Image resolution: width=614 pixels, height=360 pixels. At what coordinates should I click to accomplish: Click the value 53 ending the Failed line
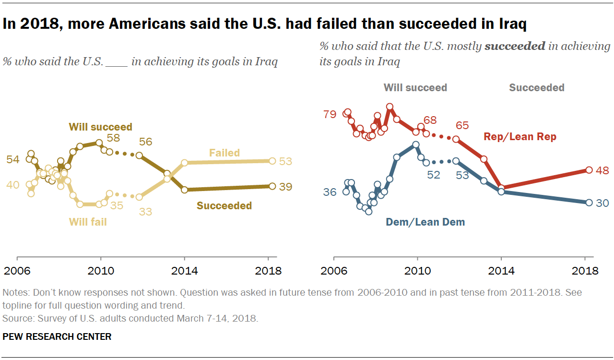point(285,161)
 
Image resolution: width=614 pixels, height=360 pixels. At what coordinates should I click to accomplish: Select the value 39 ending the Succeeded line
point(285,187)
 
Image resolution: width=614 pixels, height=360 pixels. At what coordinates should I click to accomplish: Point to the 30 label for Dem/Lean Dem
point(602,203)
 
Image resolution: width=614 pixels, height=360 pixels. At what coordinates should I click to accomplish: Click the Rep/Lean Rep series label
point(520,137)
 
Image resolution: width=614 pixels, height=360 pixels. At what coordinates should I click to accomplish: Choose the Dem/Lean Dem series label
point(425,222)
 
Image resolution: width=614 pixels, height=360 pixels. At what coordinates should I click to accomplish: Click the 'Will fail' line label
point(88,222)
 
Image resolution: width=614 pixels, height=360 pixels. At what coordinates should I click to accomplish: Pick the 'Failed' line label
point(224,153)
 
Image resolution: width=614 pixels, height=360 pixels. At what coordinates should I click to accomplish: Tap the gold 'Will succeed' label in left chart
point(100,127)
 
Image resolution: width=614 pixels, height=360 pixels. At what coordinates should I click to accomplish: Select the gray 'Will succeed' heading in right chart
point(415,87)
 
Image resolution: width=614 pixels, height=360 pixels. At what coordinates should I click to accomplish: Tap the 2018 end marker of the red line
point(589,170)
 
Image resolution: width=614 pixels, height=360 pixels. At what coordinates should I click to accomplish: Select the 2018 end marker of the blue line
point(589,203)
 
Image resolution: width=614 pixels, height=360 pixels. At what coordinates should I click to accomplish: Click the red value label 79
point(330,115)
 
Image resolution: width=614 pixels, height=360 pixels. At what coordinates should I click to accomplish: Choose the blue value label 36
point(330,192)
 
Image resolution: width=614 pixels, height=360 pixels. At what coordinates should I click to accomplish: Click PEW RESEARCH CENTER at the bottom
point(57,336)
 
